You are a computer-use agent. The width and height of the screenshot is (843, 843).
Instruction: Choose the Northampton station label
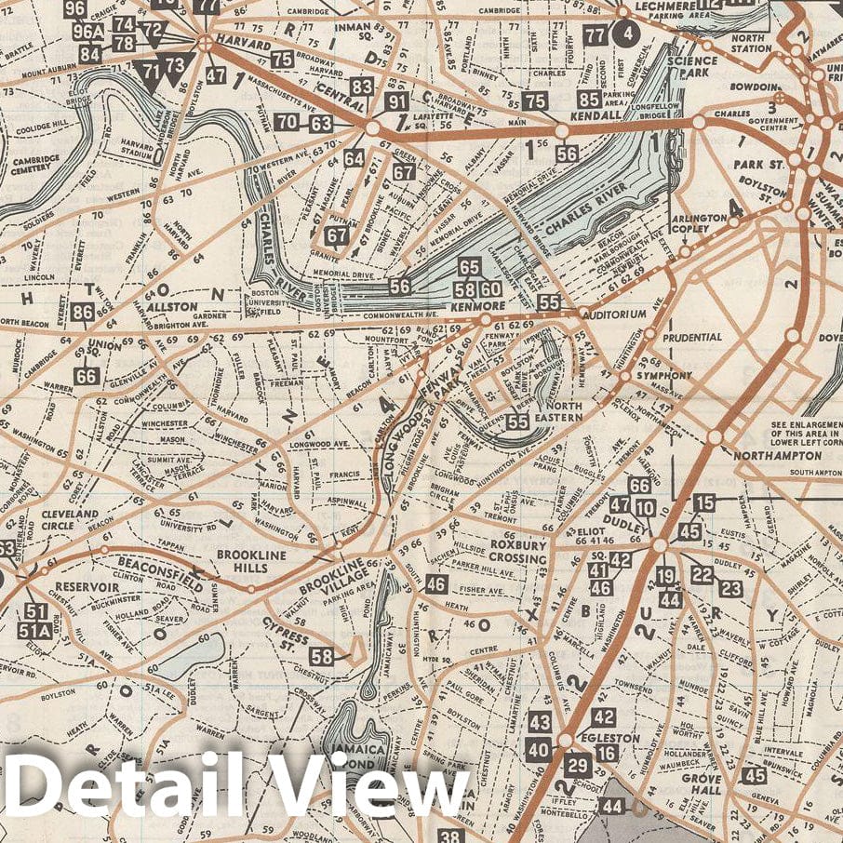(x=767, y=456)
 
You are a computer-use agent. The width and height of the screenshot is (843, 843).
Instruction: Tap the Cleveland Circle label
(x=69, y=519)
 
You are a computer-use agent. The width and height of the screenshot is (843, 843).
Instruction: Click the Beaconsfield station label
(x=159, y=569)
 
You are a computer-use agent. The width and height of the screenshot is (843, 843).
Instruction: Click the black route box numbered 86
(x=83, y=313)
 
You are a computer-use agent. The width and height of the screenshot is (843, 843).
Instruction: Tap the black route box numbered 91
(x=396, y=102)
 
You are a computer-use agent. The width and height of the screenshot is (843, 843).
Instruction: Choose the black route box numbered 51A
(x=35, y=632)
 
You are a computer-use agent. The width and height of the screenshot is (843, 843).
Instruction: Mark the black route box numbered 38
(x=451, y=836)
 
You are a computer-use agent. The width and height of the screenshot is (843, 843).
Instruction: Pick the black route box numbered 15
(x=704, y=503)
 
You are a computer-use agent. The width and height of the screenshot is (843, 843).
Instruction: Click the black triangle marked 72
(x=153, y=31)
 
